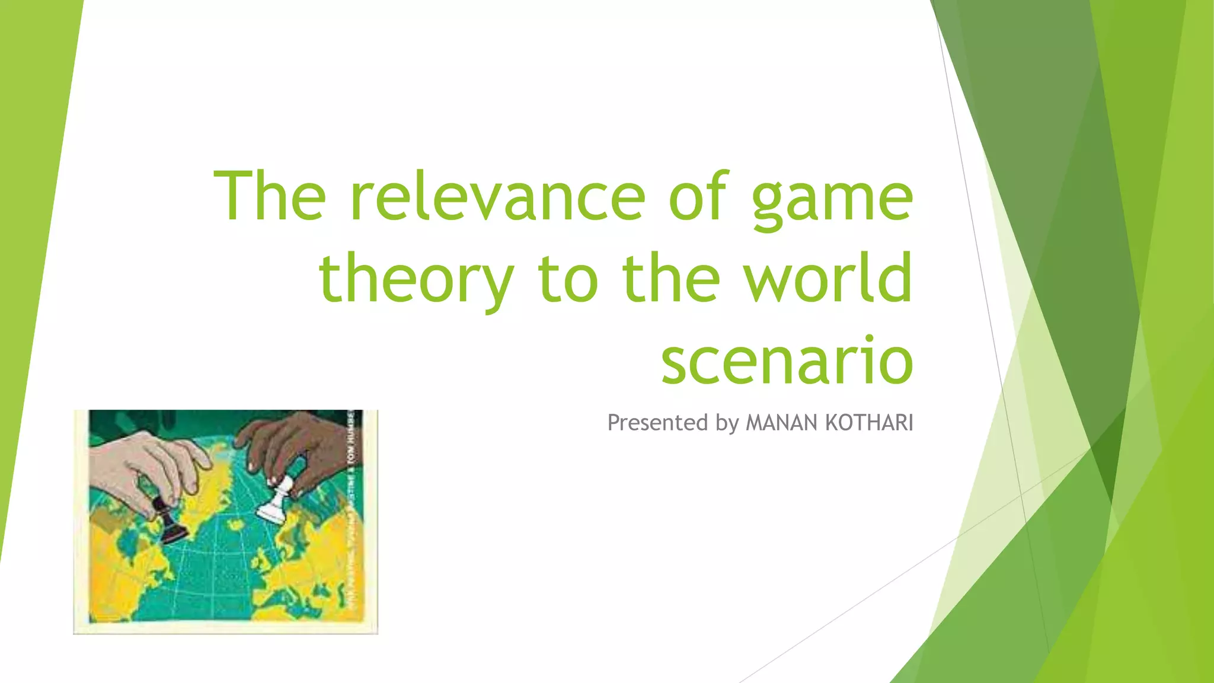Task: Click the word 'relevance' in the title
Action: pyautogui.click(x=497, y=196)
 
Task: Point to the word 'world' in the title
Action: pyautogui.click(x=828, y=277)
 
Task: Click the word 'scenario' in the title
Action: pyautogui.click(x=787, y=361)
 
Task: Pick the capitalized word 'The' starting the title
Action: pyautogui.click(x=270, y=196)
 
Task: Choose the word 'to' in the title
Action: pyautogui.click(x=568, y=279)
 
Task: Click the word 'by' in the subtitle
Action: pyautogui.click(x=727, y=423)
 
